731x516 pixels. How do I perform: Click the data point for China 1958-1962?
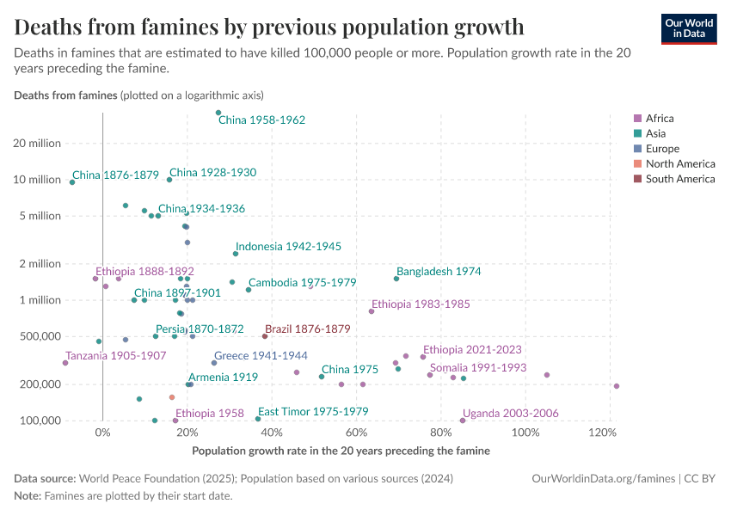pyautogui.click(x=218, y=113)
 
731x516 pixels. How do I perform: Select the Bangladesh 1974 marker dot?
pyautogui.click(x=396, y=279)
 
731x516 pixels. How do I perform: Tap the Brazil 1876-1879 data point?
pyautogui.click(x=265, y=336)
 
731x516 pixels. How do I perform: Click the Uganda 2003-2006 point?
pyautogui.click(x=463, y=421)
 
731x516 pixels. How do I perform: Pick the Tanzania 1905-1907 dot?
pyautogui.click(x=65, y=363)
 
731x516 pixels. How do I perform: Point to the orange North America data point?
pyautogui.click(x=172, y=397)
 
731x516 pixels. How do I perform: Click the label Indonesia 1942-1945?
pyautogui.click(x=289, y=247)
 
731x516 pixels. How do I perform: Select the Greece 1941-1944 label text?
pyautogui.click(x=261, y=355)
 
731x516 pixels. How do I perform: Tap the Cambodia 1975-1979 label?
pyautogui.click(x=302, y=283)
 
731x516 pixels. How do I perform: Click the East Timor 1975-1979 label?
pyautogui.click(x=313, y=412)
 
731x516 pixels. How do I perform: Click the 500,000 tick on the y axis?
pyautogui.click(x=39, y=336)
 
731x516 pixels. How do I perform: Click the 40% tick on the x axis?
pyautogui.click(x=272, y=433)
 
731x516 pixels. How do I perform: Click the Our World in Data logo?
pyautogui.click(x=689, y=28)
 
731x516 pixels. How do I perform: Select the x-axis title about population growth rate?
pyautogui.click(x=341, y=451)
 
